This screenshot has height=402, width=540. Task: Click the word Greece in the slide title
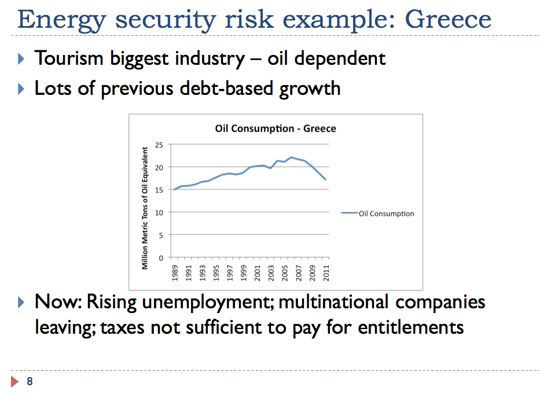point(448,19)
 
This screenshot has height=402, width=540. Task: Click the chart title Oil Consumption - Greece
point(275,128)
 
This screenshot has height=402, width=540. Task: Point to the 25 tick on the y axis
point(160,145)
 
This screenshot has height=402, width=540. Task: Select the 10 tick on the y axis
point(160,212)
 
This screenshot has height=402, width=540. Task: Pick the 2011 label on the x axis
point(326,273)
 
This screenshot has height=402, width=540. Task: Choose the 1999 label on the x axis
point(244,273)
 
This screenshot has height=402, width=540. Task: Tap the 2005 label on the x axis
point(285,273)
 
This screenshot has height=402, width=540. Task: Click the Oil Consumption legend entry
point(386,213)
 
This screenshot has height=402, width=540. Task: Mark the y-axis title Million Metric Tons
point(145,208)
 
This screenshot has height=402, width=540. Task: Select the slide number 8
point(30,381)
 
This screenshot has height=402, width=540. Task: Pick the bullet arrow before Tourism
point(22,58)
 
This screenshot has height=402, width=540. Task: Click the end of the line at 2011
point(326,179)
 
